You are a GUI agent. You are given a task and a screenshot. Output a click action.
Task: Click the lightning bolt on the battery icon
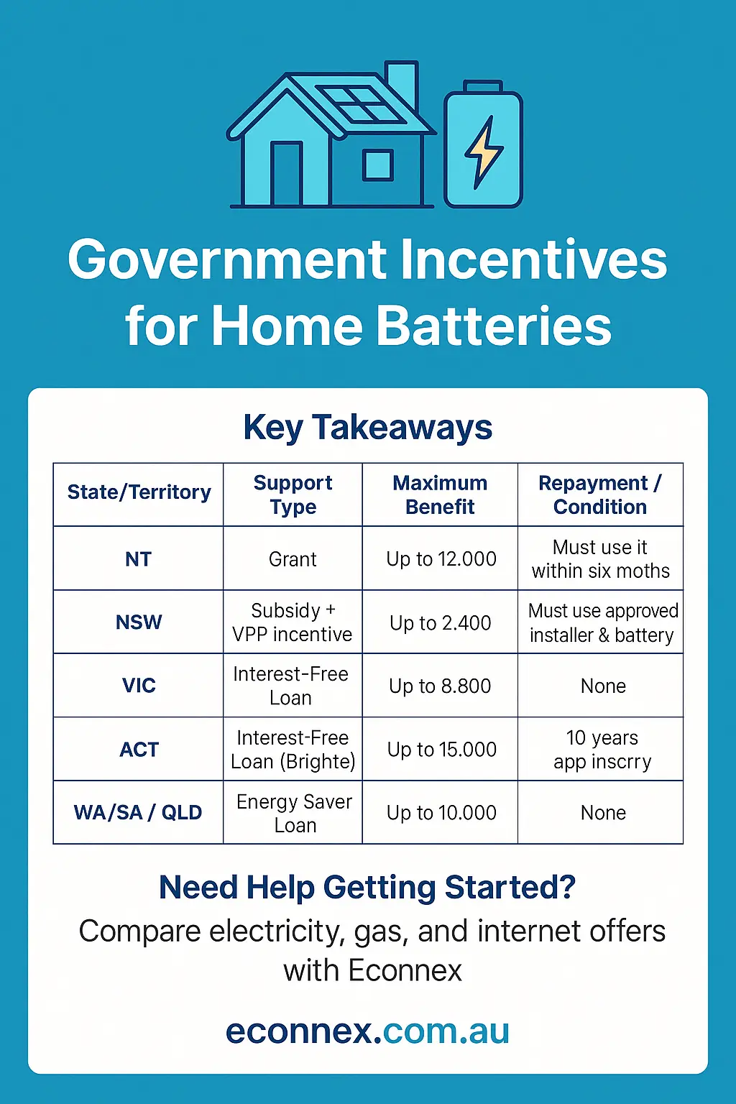tap(484, 152)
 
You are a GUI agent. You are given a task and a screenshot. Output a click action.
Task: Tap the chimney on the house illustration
tap(401, 85)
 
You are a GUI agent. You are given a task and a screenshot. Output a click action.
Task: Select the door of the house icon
tap(285, 175)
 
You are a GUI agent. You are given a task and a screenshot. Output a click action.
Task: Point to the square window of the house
tap(378, 165)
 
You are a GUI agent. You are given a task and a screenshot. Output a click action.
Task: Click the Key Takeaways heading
tap(367, 428)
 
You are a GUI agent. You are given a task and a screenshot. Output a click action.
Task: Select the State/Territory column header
tap(139, 492)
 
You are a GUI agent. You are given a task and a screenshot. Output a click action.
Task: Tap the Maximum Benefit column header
tap(440, 494)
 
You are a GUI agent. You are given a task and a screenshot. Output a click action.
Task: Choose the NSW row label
tap(139, 622)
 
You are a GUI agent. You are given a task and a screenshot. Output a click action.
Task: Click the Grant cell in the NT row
tap(293, 559)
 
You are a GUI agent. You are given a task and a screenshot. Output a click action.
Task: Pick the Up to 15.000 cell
tap(441, 750)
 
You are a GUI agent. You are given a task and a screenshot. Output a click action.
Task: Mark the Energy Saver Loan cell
tap(294, 813)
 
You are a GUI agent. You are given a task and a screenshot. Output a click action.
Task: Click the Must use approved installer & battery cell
tap(602, 622)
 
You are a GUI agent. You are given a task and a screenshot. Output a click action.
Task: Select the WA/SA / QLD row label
tap(138, 813)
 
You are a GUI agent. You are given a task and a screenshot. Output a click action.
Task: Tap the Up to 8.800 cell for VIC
tap(440, 686)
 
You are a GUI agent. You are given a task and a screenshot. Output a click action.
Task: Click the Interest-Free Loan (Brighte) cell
tap(293, 750)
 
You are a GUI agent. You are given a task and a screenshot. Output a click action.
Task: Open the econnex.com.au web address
tap(367, 1031)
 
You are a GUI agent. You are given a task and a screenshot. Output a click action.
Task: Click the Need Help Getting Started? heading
tap(367, 888)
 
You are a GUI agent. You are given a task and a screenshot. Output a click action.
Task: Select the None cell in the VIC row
tap(603, 686)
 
